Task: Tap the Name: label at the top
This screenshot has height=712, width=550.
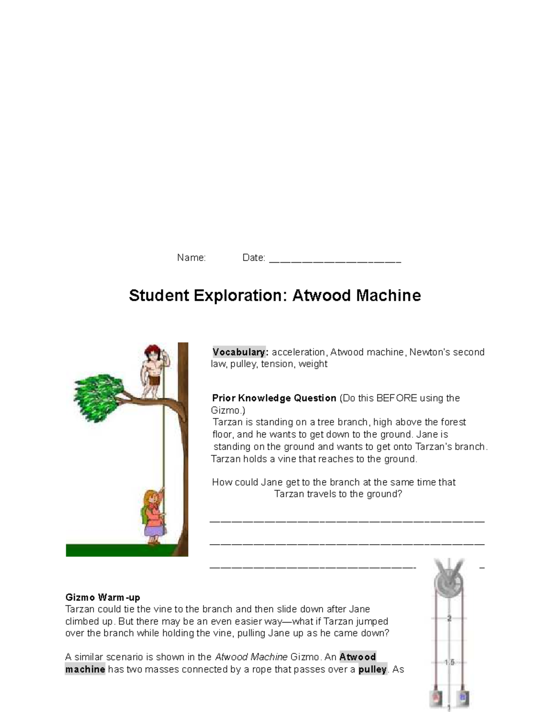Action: pyautogui.click(x=191, y=258)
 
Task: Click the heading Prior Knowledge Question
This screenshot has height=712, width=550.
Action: pyautogui.click(x=274, y=398)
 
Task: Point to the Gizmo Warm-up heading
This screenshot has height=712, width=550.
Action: pyautogui.click(x=103, y=597)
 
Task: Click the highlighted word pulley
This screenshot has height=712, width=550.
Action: pyautogui.click(x=373, y=669)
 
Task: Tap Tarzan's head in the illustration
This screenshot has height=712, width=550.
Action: pyautogui.click(x=151, y=353)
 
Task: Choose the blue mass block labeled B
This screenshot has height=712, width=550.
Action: pyautogui.click(x=462, y=697)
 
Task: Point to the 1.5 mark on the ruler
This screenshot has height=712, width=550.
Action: pyautogui.click(x=450, y=662)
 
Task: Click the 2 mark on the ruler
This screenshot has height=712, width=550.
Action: pyautogui.click(x=450, y=618)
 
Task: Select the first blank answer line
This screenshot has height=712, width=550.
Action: pyautogui.click(x=346, y=522)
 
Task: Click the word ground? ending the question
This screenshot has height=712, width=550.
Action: pyautogui.click(x=384, y=494)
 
